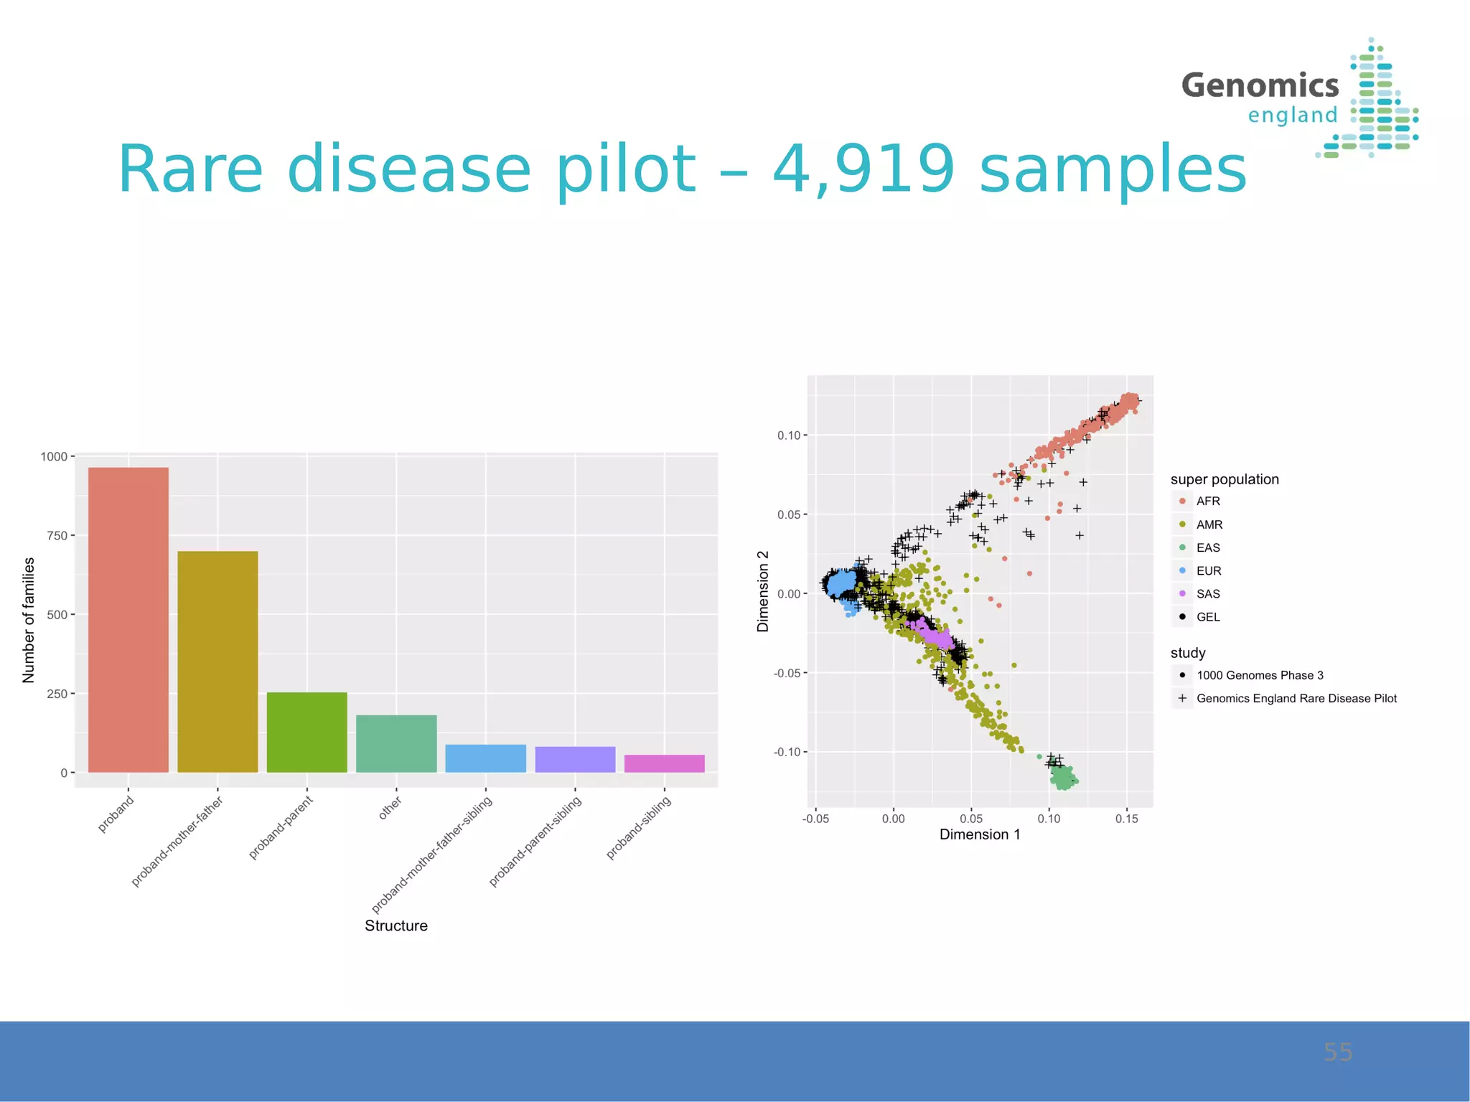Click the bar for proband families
tap(128, 620)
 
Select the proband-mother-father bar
tap(217, 661)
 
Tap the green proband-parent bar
tap(306, 732)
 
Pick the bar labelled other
tap(396, 743)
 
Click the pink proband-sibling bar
tap(664, 763)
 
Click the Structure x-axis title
tap(395, 926)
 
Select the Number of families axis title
tap(29, 620)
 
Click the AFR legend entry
tap(1207, 501)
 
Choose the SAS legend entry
tap(1207, 594)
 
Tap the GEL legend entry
tap(1207, 617)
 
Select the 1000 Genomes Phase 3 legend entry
tap(1259, 675)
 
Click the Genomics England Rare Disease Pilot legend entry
tap(1296, 698)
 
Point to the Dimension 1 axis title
tap(979, 834)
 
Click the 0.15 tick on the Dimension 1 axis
tap(1126, 819)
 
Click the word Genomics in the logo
tap(1260, 85)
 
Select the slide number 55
tap(1337, 1052)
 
